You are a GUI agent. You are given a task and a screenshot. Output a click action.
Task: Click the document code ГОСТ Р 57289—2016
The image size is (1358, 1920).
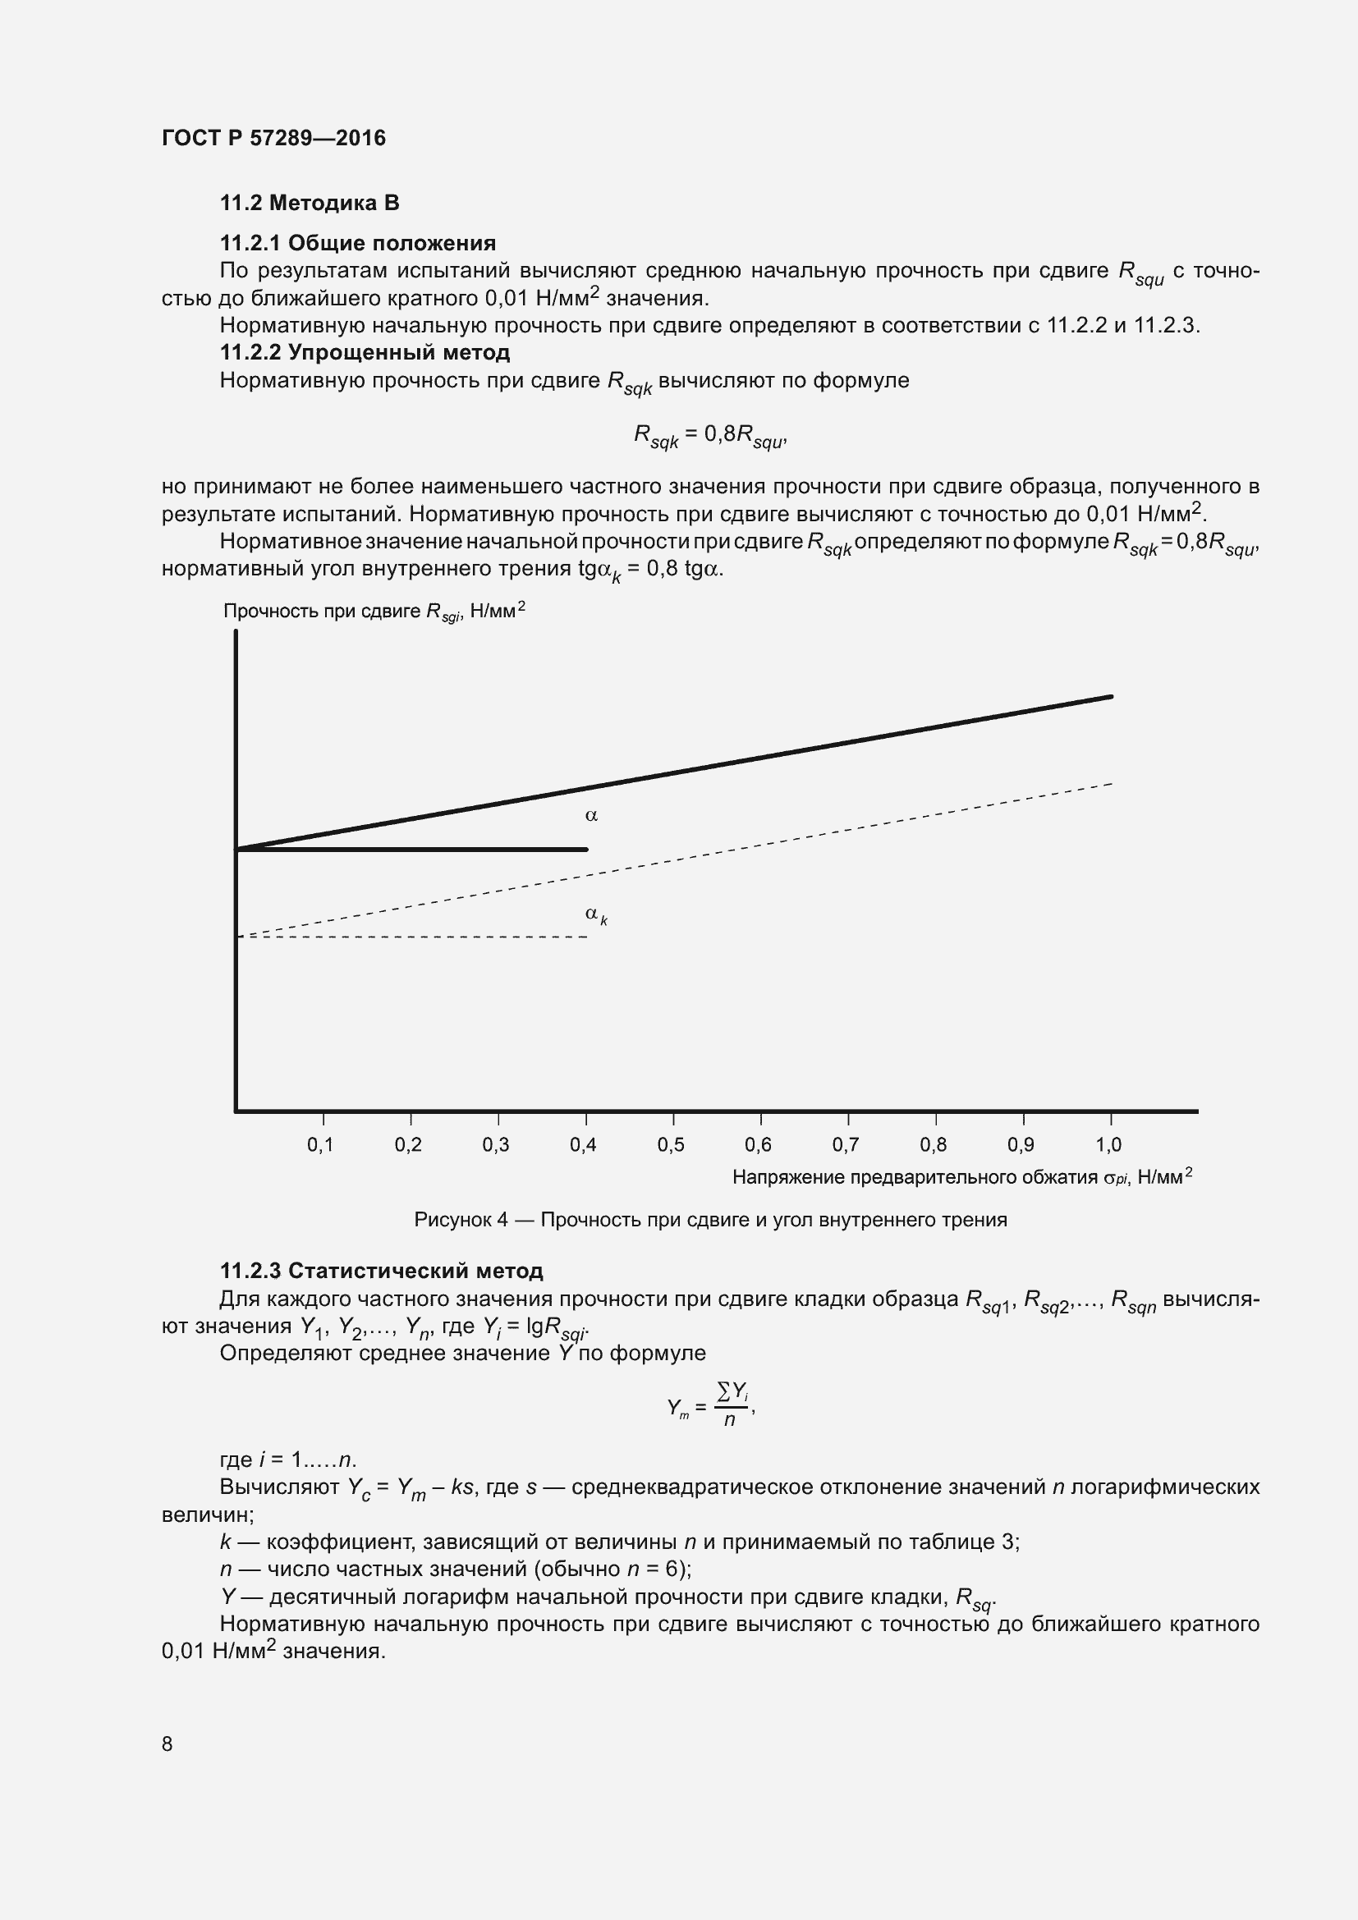tap(273, 138)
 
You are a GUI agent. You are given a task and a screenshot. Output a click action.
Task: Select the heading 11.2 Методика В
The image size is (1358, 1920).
tap(310, 204)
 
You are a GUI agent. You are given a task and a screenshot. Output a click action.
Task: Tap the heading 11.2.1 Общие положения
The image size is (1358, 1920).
tap(358, 243)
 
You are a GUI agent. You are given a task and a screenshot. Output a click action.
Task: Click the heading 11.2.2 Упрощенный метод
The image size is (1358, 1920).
tap(365, 352)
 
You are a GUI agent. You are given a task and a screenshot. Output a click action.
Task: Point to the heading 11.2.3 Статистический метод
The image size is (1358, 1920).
tap(381, 1270)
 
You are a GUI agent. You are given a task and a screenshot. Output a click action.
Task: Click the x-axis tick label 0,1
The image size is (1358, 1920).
tap(320, 1145)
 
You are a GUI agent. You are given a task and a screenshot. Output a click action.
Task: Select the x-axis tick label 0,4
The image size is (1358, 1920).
tap(583, 1145)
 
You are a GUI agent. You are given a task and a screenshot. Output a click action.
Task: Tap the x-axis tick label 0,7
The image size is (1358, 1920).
tap(846, 1145)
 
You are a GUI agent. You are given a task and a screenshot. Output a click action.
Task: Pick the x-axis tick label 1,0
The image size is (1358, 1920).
tap(1108, 1145)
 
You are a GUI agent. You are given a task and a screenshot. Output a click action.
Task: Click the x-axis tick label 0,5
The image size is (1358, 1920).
tap(671, 1145)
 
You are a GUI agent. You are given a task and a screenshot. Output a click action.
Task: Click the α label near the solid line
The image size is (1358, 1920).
tap(591, 815)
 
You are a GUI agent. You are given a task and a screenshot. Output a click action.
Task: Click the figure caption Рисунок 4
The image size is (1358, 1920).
tap(710, 1220)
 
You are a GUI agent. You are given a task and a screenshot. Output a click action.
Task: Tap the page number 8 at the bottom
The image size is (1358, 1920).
tap(167, 1744)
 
